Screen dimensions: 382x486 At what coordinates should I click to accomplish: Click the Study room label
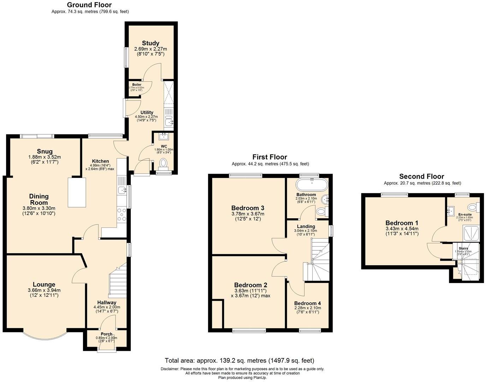pyautogui.click(x=150, y=43)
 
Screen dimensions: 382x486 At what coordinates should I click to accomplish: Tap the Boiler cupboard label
pyautogui.click(x=137, y=85)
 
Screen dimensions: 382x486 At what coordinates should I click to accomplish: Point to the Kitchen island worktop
pyautogui.click(x=77, y=192)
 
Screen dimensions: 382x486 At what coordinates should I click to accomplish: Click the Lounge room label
pyautogui.click(x=44, y=284)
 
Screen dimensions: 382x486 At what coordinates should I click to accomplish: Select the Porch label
pyautogui.click(x=106, y=334)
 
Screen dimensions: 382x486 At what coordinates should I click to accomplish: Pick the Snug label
pyautogui.click(x=45, y=152)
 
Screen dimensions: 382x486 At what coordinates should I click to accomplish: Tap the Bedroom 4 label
pyautogui.click(x=307, y=303)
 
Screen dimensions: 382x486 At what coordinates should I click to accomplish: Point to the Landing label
pyautogui.click(x=306, y=226)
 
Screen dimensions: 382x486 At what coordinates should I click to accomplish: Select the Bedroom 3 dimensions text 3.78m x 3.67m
pyautogui.click(x=248, y=214)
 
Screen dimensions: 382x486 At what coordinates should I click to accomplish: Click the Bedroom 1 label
pyautogui.click(x=402, y=223)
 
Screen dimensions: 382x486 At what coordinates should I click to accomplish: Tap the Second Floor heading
pyautogui.click(x=421, y=176)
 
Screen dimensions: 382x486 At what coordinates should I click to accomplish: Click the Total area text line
pyautogui.click(x=239, y=360)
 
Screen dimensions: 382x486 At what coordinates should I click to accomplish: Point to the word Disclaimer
pyautogui.click(x=170, y=369)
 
